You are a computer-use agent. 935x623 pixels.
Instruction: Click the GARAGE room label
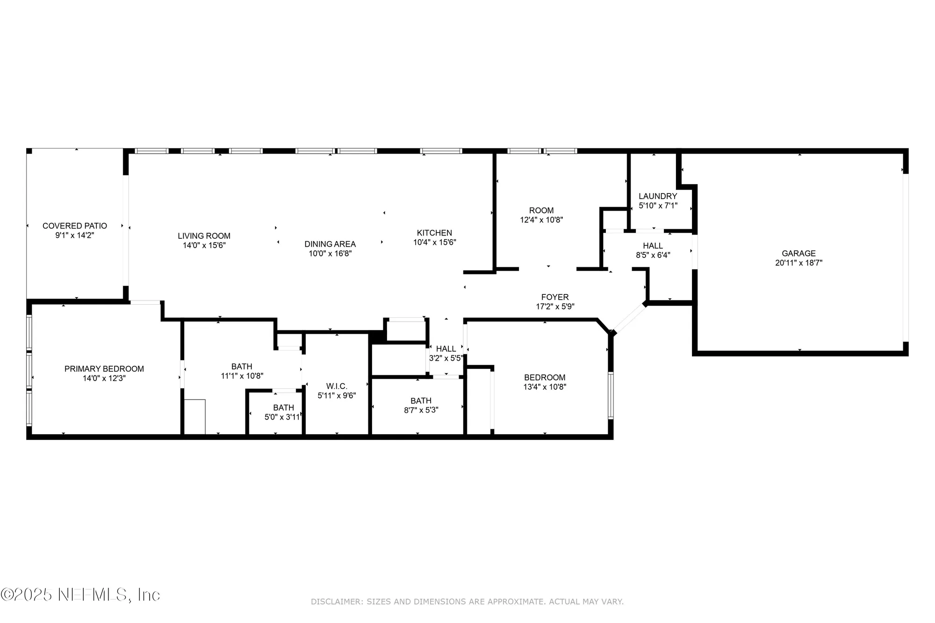pos(798,253)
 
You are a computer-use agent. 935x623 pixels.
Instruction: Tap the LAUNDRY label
pos(658,196)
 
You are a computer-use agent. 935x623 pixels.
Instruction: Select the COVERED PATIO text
pos(75,226)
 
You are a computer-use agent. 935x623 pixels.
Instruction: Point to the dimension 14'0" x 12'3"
pos(104,378)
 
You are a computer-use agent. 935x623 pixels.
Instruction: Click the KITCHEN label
pos(434,233)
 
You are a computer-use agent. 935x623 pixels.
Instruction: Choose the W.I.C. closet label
pos(337,386)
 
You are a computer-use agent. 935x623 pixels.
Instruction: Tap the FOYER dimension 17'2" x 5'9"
pos(555,307)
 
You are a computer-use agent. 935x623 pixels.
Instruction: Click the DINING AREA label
pos(330,244)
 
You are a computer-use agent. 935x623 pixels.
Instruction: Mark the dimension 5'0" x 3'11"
pos(282,417)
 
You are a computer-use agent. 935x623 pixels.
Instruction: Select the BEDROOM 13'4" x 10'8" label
pos(545,377)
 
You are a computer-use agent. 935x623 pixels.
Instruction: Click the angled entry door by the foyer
pos(629,318)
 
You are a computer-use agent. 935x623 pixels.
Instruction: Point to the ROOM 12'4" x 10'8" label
pos(541,210)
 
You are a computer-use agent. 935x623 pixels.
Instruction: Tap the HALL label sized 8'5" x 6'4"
pos(653,246)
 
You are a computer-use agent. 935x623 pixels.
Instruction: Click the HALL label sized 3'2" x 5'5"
pos(446,349)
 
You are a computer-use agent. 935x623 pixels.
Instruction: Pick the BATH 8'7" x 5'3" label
pos(421,401)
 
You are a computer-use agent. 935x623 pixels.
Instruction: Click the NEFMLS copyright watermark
pos(80,594)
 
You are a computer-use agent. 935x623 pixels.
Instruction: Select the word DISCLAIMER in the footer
pos(337,602)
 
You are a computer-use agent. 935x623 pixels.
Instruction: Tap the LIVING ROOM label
pos(204,236)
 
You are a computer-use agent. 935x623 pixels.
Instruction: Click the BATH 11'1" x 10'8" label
pos(242,366)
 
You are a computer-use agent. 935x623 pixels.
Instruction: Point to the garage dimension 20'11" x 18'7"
pos(798,263)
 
